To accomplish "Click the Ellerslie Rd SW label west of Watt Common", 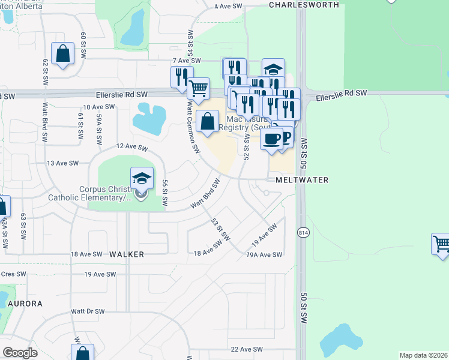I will coord(122,94).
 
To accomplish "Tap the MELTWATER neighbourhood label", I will coord(294,180).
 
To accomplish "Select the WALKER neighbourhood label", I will coord(127,254).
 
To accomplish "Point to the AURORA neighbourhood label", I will coord(25,304).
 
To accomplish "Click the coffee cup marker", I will coord(271,139).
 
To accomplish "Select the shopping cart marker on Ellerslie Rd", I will coord(198,89).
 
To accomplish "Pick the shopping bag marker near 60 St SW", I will coord(62,53).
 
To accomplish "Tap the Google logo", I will coord(20,353).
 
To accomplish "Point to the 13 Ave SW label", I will coord(63,163).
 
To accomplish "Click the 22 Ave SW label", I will coord(247,349).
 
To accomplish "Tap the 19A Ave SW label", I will coord(264,255).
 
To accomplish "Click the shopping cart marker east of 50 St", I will coord(441,244).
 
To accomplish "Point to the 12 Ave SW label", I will coord(132,147).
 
